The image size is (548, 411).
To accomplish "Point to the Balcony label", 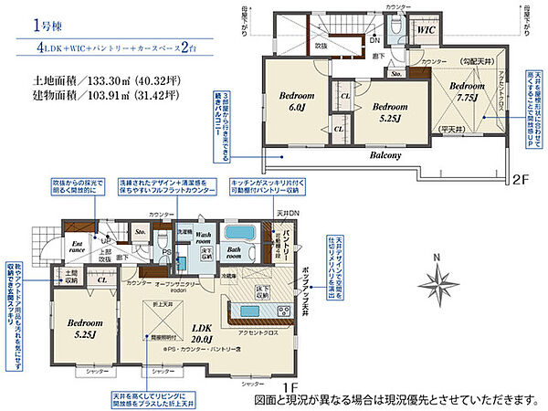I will (x=360, y=155).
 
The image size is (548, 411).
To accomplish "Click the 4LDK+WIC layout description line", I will (x=121, y=47).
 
